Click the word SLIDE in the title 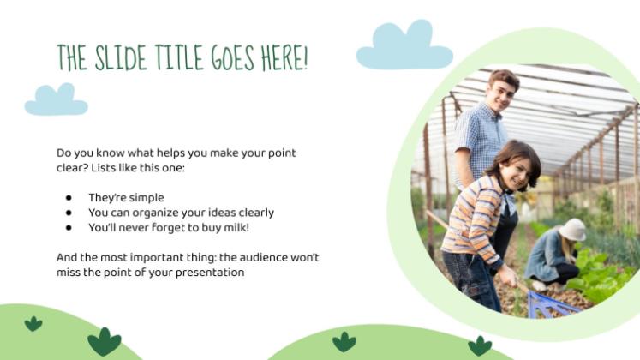point(121,58)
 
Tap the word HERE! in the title point(284,58)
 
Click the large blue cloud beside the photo point(404,45)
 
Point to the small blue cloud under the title point(57,100)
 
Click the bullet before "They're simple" point(69,198)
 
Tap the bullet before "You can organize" point(69,213)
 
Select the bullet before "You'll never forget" point(69,228)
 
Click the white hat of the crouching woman point(572,230)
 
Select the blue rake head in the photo point(551,305)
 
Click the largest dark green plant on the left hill point(105,341)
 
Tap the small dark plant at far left point(33,324)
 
